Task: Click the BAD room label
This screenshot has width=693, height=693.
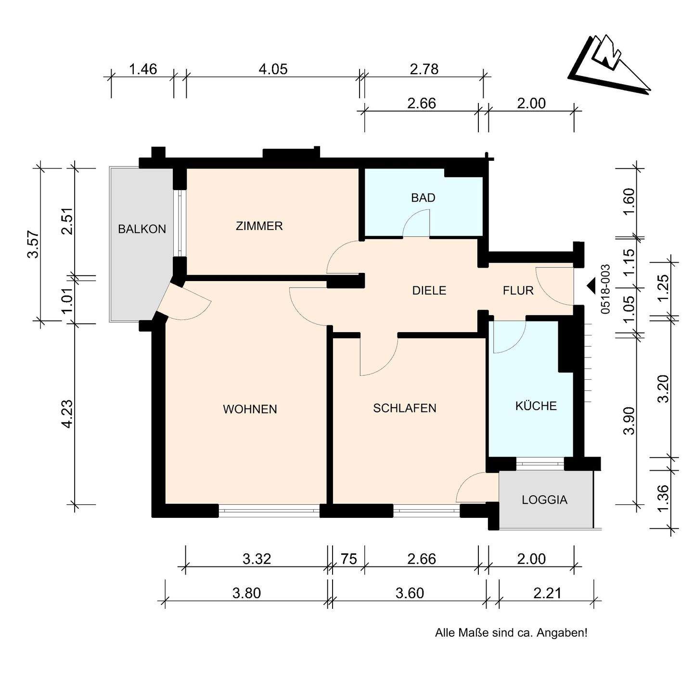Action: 423,197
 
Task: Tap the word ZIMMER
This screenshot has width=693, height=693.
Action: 259,226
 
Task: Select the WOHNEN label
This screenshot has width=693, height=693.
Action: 250,409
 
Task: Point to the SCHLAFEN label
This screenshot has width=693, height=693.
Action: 405,408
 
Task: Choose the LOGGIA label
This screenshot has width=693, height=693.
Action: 544,500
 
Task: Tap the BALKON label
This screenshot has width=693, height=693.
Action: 142,229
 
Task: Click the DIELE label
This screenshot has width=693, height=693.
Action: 429,290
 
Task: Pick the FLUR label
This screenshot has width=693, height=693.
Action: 518,290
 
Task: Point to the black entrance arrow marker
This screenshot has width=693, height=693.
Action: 591,286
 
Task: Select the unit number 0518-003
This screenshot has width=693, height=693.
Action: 605,289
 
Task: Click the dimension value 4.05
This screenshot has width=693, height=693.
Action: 273,69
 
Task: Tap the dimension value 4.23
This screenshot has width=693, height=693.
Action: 67,414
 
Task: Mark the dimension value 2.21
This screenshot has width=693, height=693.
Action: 547,593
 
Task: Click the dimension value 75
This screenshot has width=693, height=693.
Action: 348,559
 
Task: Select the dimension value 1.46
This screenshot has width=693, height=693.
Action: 143,69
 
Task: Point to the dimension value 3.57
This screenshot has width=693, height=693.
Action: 33,244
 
